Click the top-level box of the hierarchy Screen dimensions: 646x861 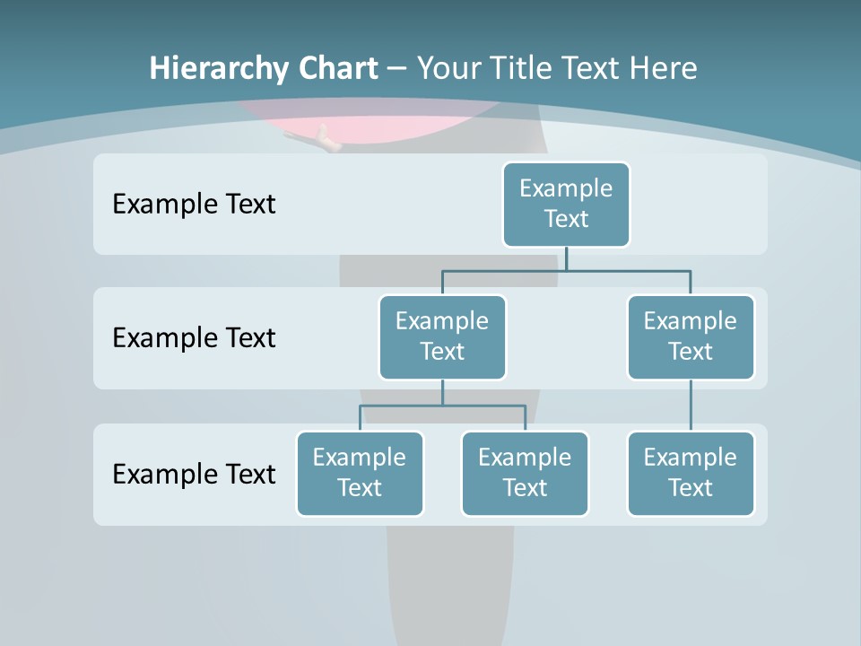566,204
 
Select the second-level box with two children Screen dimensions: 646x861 442,336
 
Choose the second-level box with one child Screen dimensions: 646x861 691,336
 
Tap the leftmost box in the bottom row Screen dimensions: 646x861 360,473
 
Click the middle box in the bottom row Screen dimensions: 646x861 525,473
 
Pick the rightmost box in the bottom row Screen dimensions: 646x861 691,473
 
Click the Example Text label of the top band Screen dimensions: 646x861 194,205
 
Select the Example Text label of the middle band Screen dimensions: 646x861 194,338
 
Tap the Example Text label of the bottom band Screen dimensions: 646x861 194,474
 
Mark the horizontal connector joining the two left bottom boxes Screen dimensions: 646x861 442,406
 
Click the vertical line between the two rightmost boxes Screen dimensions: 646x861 691,406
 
